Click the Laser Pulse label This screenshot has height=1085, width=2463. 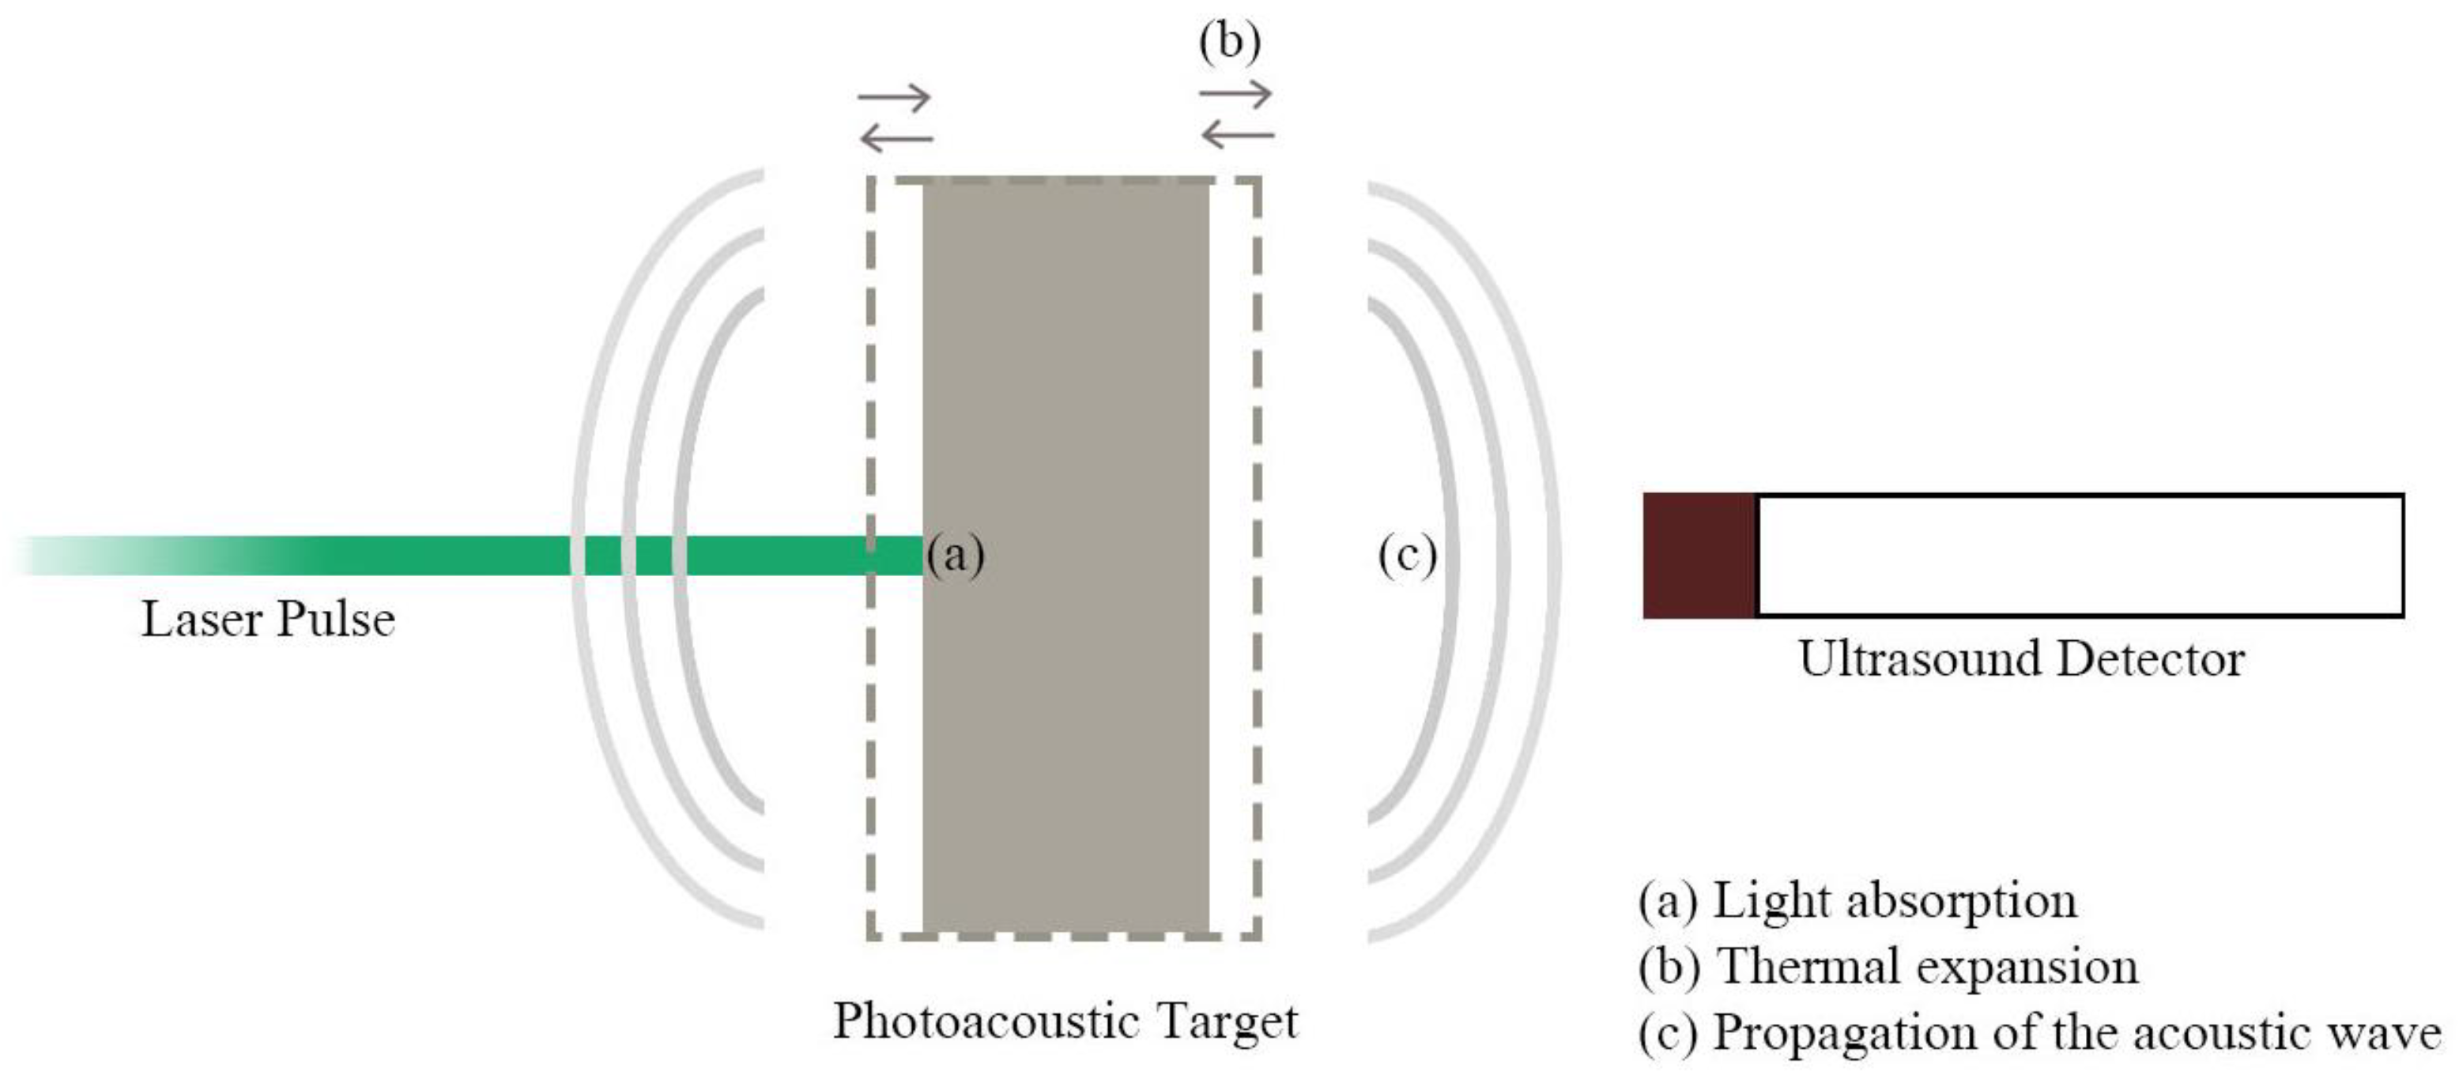[268, 620]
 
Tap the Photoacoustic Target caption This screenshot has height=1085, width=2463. [1066, 1021]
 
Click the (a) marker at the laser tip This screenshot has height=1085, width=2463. [955, 555]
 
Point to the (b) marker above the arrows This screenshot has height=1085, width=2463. [1230, 42]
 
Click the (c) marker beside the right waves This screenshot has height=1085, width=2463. [1406, 555]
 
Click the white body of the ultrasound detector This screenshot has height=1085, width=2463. [2080, 556]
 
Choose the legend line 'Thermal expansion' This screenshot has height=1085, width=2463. [1888, 966]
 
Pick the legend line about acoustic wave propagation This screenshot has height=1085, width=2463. [2039, 1032]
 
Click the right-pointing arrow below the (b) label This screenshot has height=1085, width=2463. [1235, 94]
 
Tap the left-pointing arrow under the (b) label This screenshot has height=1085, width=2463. [1237, 135]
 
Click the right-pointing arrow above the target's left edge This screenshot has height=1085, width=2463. [894, 96]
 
